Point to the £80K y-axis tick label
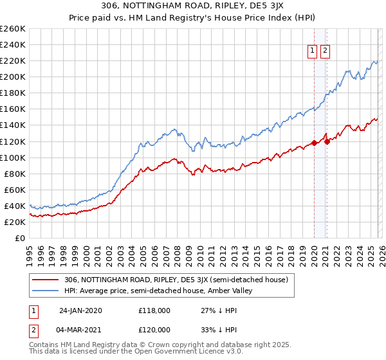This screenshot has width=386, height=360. coord(15,174)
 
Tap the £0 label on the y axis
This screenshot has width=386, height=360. coord(19,238)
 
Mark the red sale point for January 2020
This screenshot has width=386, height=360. coord(314,143)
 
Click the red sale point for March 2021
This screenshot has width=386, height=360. coord(327,141)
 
